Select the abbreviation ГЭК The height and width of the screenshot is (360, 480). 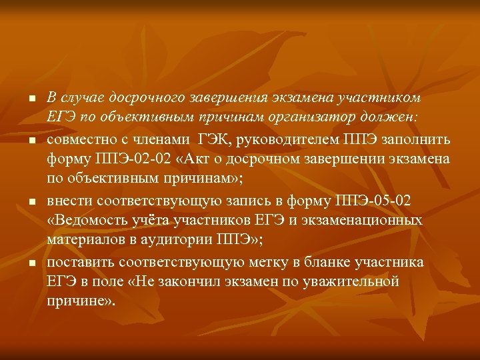click(215, 139)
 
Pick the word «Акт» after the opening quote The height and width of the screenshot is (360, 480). click(197, 159)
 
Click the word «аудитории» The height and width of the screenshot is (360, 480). click(179, 241)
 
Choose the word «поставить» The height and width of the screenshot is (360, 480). click(79, 262)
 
